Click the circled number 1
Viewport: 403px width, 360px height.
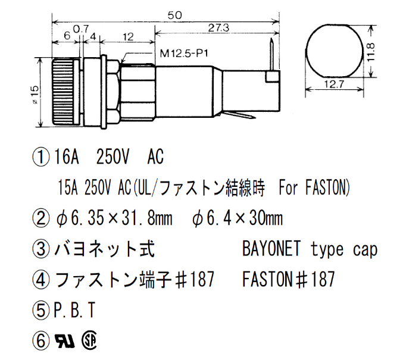41,158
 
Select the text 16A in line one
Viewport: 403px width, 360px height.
67,158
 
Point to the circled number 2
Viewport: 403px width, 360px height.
41,218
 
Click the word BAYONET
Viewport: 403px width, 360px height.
271,249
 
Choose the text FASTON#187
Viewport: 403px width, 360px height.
289,279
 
